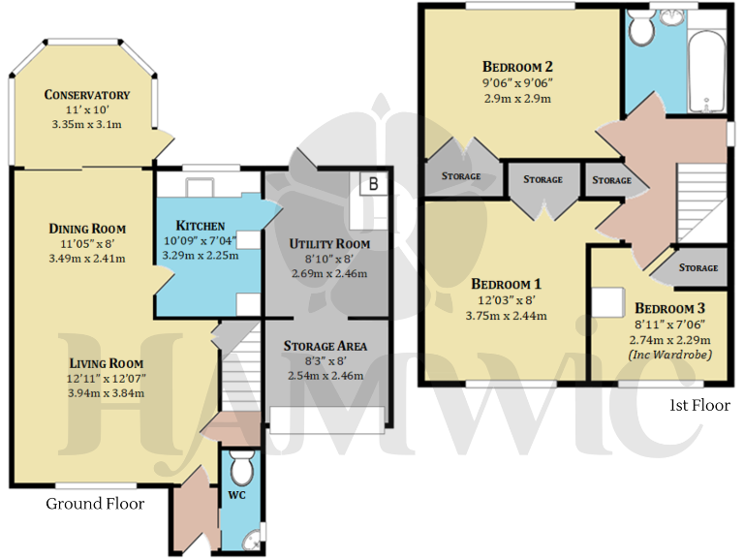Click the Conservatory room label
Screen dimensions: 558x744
(x=87, y=95)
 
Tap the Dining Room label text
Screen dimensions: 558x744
(x=88, y=229)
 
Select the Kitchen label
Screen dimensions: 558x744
(x=201, y=226)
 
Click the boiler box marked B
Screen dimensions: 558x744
(x=372, y=182)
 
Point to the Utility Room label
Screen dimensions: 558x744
(x=329, y=243)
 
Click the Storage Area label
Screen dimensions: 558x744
(x=324, y=346)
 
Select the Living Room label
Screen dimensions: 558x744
(x=100, y=362)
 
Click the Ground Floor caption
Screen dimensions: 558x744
(x=95, y=504)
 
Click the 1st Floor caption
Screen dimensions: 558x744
(x=698, y=405)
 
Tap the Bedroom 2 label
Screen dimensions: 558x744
(x=517, y=67)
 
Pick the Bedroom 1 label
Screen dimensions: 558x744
(x=506, y=285)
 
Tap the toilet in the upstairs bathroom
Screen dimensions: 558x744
(x=640, y=30)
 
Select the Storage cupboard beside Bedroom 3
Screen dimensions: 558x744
(x=697, y=267)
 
